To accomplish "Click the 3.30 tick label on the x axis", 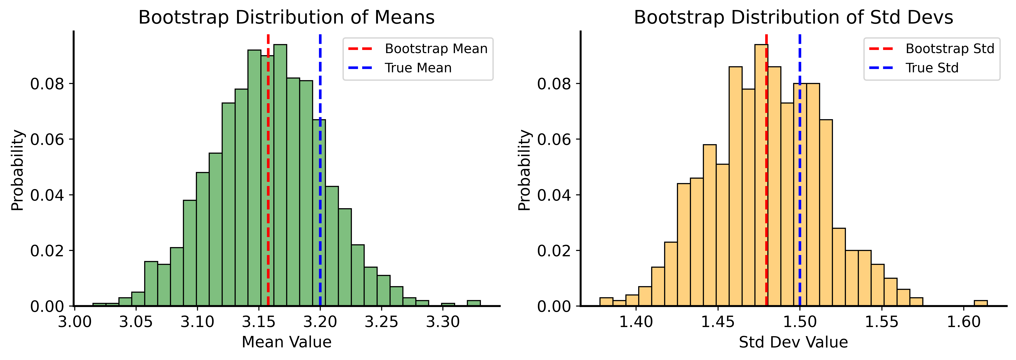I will [x=443, y=322].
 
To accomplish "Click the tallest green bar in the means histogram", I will [x=280, y=177].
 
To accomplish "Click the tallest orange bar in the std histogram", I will [x=761, y=177].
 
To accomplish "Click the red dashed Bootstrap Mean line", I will [x=268, y=197].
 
